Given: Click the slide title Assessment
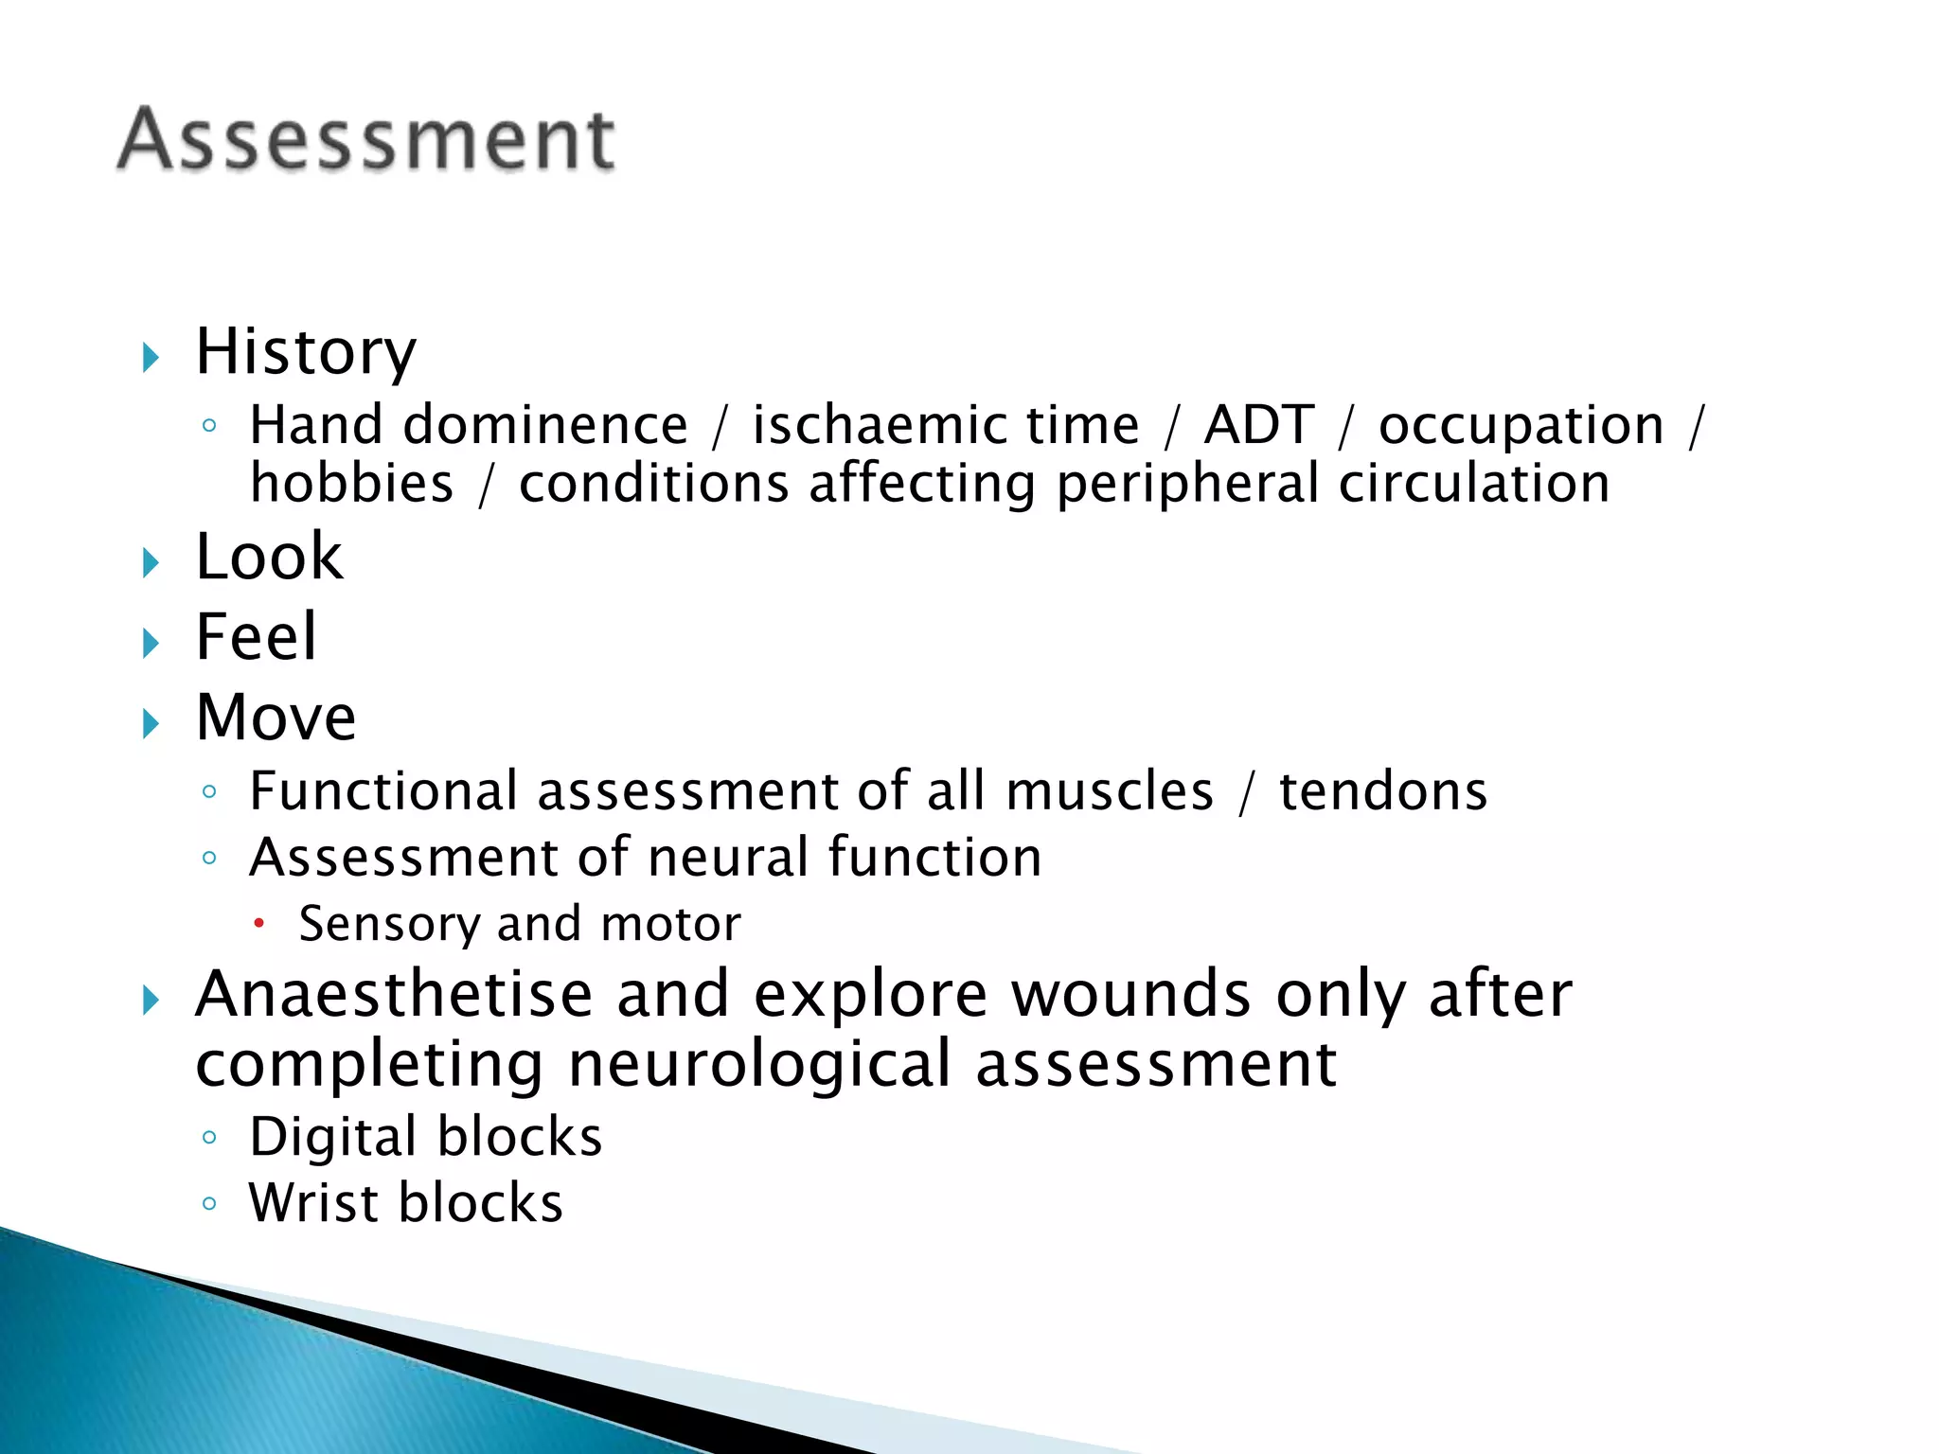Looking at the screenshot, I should click(366, 139).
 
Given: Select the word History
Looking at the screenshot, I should click(305, 351).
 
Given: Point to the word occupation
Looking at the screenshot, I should click(1521, 426).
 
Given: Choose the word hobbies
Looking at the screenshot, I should click(351, 484).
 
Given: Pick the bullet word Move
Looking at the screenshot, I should click(276, 717).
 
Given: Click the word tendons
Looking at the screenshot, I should click(1382, 791).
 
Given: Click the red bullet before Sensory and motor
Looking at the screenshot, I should click(258, 922).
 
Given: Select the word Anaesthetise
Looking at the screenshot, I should click(394, 995).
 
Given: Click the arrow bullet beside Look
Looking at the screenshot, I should click(151, 563).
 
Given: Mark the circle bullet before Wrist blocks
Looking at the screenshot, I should click(210, 1204).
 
